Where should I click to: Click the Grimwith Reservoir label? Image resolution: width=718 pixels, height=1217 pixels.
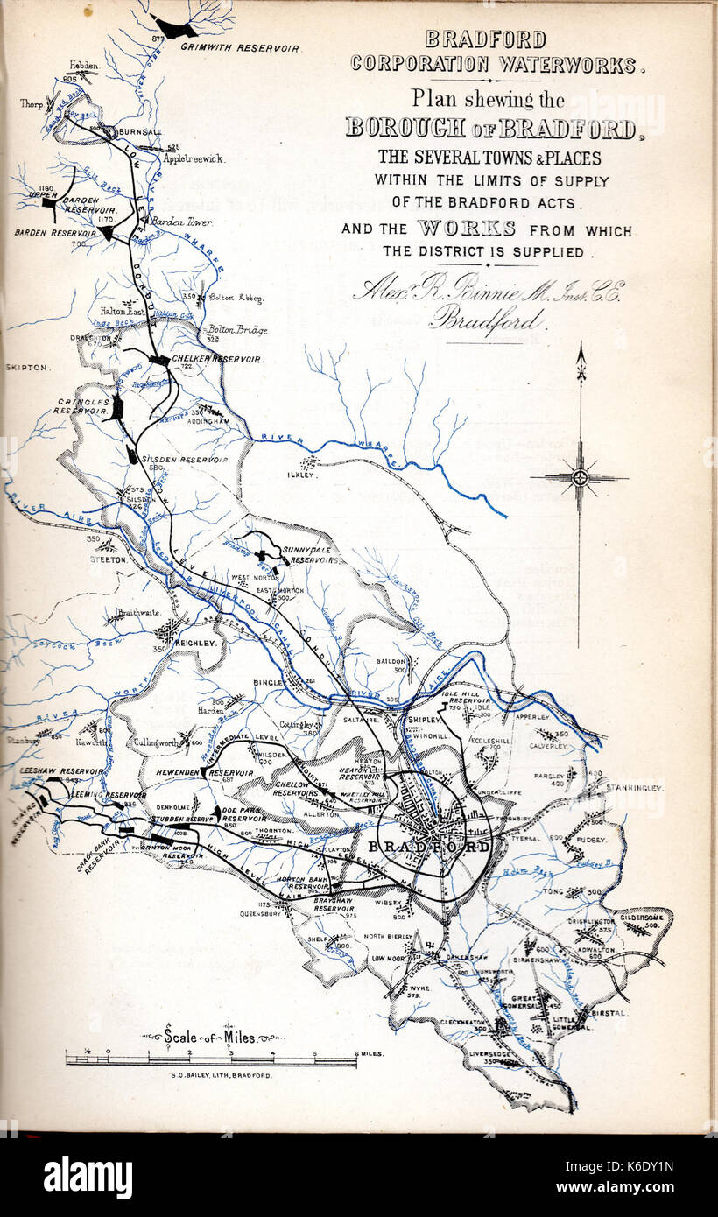point(240,47)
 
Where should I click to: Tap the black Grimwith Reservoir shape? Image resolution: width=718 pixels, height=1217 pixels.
point(175,29)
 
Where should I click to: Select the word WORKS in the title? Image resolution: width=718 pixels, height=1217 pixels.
point(467,229)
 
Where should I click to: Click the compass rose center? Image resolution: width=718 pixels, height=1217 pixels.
point(580,478)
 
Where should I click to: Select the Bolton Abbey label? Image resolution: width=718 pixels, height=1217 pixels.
point(236,299)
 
